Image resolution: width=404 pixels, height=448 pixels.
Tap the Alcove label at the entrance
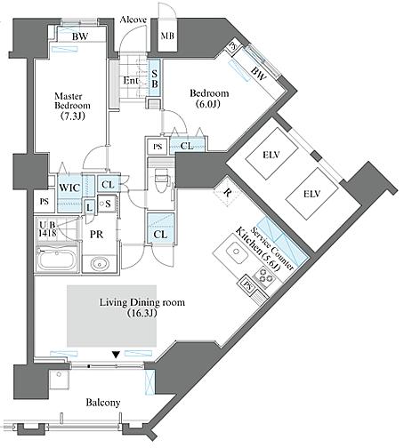pos(133,20)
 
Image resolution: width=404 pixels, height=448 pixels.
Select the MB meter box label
pos(167,36)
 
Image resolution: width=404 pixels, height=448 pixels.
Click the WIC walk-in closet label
pos(69,188)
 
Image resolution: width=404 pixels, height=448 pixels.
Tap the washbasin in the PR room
pos(100,264)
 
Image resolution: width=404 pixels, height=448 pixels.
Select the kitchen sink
pos(237,252)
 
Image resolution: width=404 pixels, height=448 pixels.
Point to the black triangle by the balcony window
pos(116,354)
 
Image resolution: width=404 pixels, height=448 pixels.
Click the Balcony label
pos(103,403)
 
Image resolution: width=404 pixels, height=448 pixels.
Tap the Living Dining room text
pos(141,302)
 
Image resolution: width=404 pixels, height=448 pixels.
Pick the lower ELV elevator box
pos(312,194)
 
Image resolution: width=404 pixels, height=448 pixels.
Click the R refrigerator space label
pos(227,193)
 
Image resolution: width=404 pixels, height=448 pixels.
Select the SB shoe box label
pos(155,78)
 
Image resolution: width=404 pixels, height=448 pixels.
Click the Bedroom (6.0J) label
pos(209,99)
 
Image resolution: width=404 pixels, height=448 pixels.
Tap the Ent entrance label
pos(131,80)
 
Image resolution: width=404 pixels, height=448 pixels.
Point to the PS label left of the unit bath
pos(44,202)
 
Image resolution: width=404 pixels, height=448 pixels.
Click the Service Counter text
pos(272,249)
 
